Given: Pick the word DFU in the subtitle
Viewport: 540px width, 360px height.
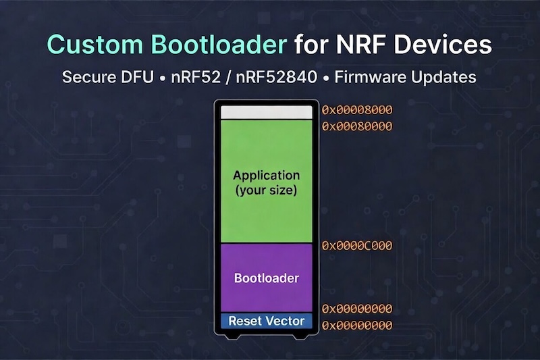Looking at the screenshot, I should pyautogui.click(x=141, y=76).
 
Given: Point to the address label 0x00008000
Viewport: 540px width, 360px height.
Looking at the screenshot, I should pyautogui.click(x=356, y=109).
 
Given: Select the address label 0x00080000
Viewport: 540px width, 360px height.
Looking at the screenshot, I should pyautogui.click(x=356, y=126).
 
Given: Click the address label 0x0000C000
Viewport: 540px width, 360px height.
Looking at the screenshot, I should pyautogui.click(x=356, y=245).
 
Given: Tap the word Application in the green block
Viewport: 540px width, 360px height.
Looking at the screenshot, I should pyautogui.click(x=266, y=176).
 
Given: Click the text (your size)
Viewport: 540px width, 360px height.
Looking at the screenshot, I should pyautogui.click(x=266, y=190).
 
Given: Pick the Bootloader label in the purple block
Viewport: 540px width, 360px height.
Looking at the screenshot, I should pyautogui.click(x=266, y=278).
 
